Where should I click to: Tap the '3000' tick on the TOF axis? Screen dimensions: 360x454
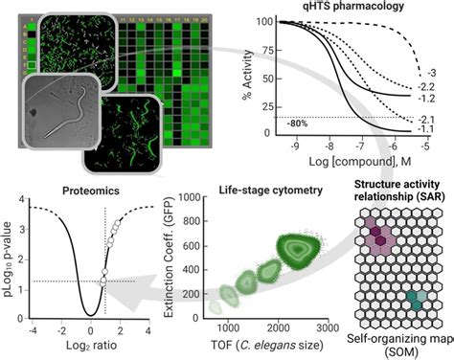pos(327,327)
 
